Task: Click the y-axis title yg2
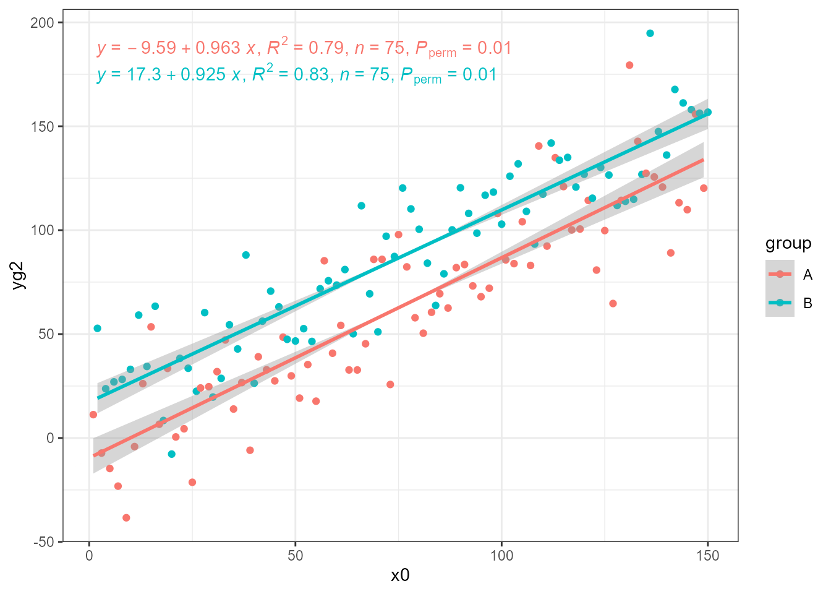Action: (19, 276)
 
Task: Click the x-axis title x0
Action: (400, 575)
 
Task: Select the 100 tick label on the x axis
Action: (501, 556)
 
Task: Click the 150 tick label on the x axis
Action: (707, 556)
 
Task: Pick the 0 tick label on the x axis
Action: (89, 556)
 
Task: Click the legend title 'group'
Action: (788, 244)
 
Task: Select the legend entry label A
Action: (808, 275)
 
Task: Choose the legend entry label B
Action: (808, 303)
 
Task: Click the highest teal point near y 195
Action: (650, 33)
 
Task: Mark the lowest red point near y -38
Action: (126, 518)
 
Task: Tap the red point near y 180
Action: (629, 65)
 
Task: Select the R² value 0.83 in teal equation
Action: (311, 75)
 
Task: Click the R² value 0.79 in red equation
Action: (326, 48)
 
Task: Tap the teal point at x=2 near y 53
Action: (97, 329)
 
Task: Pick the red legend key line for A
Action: (780, 274)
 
